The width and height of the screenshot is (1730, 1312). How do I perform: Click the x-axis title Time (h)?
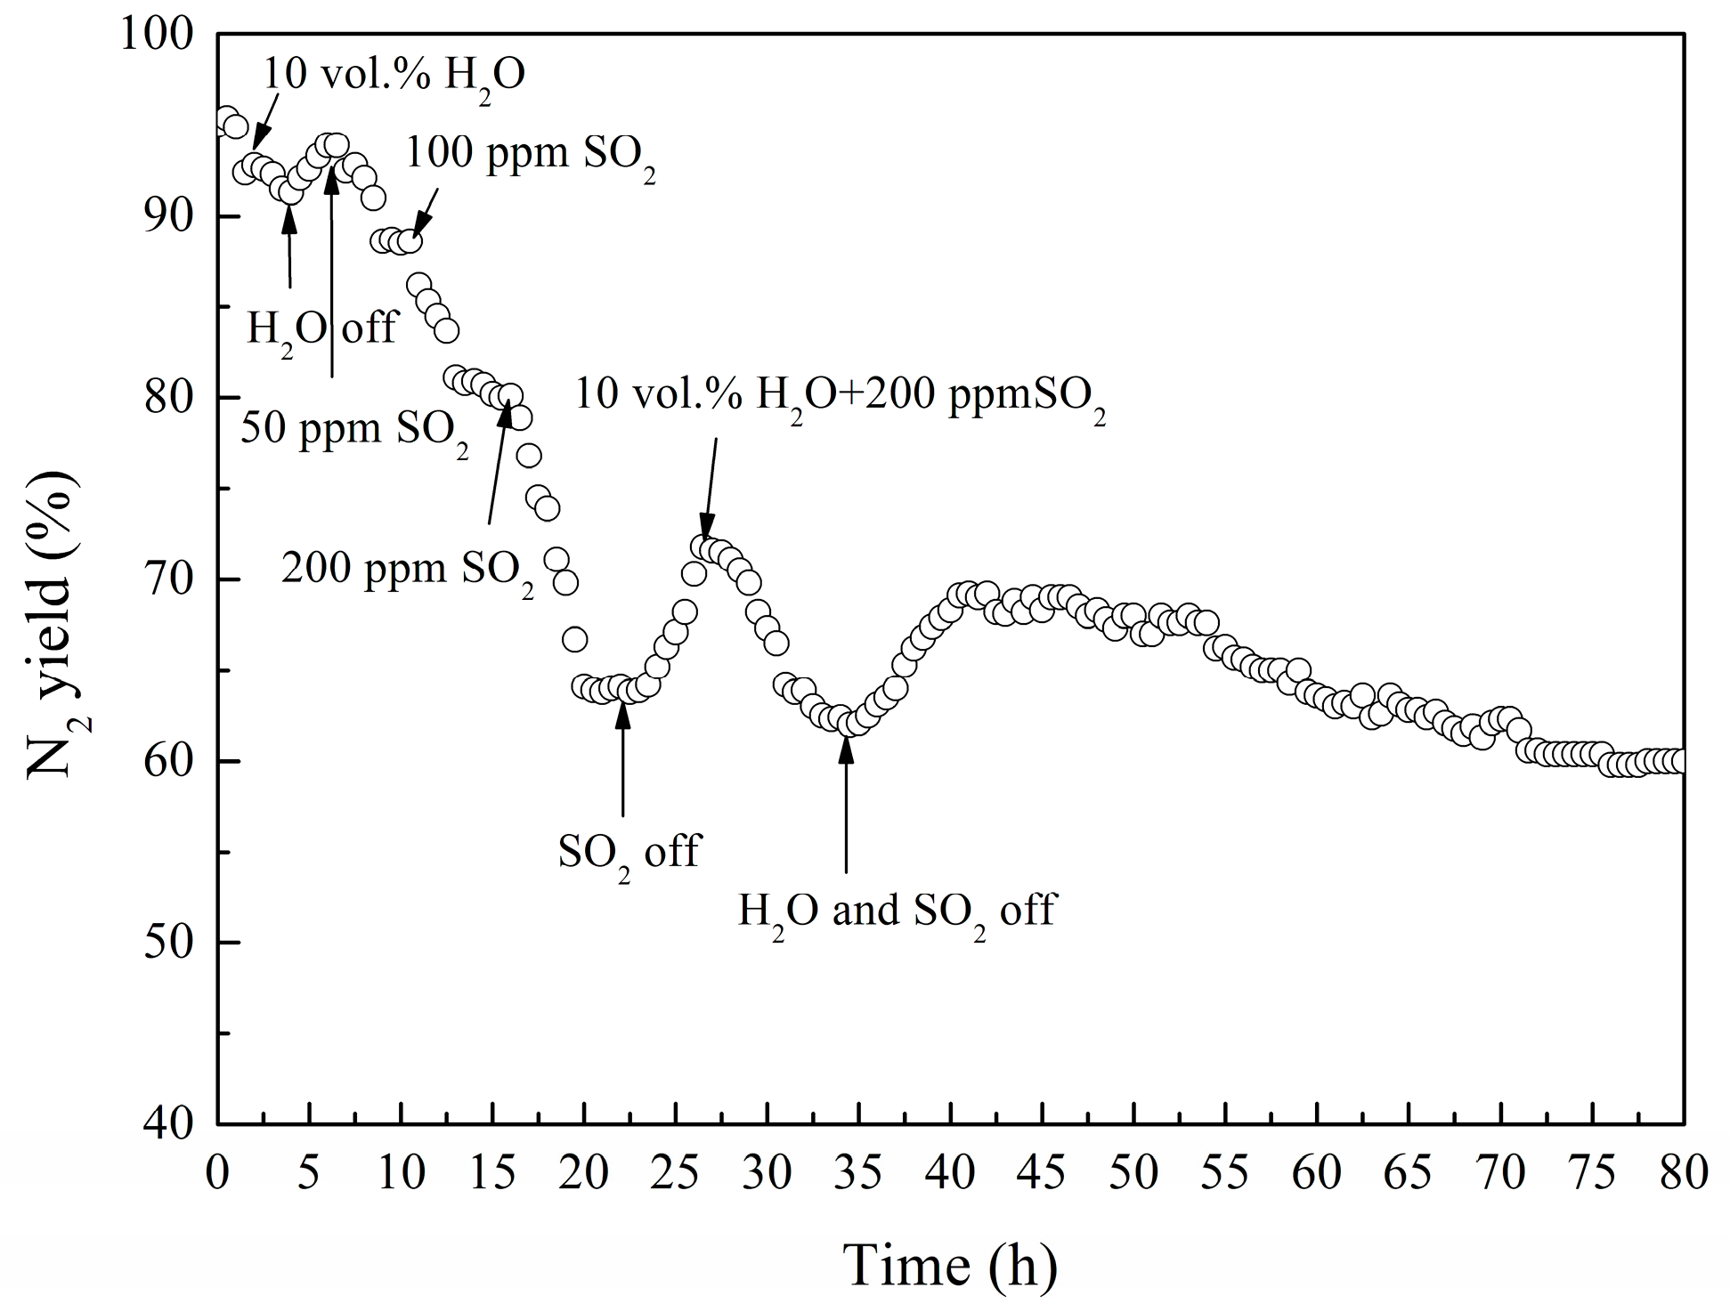click(950, 1266)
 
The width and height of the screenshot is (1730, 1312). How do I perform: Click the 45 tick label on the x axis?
click(1042, 1172)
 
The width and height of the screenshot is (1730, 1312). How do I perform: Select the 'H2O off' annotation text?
click(321, 329)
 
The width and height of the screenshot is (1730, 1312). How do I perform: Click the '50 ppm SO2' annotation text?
click(355, 431)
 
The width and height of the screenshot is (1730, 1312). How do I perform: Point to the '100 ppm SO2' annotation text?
click(531, 156)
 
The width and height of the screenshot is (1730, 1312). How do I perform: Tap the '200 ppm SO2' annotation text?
click(408, 570)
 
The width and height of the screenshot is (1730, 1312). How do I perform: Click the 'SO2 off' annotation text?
click(629, 854)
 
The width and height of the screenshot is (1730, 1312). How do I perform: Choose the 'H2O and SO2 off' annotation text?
click(896, 913)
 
